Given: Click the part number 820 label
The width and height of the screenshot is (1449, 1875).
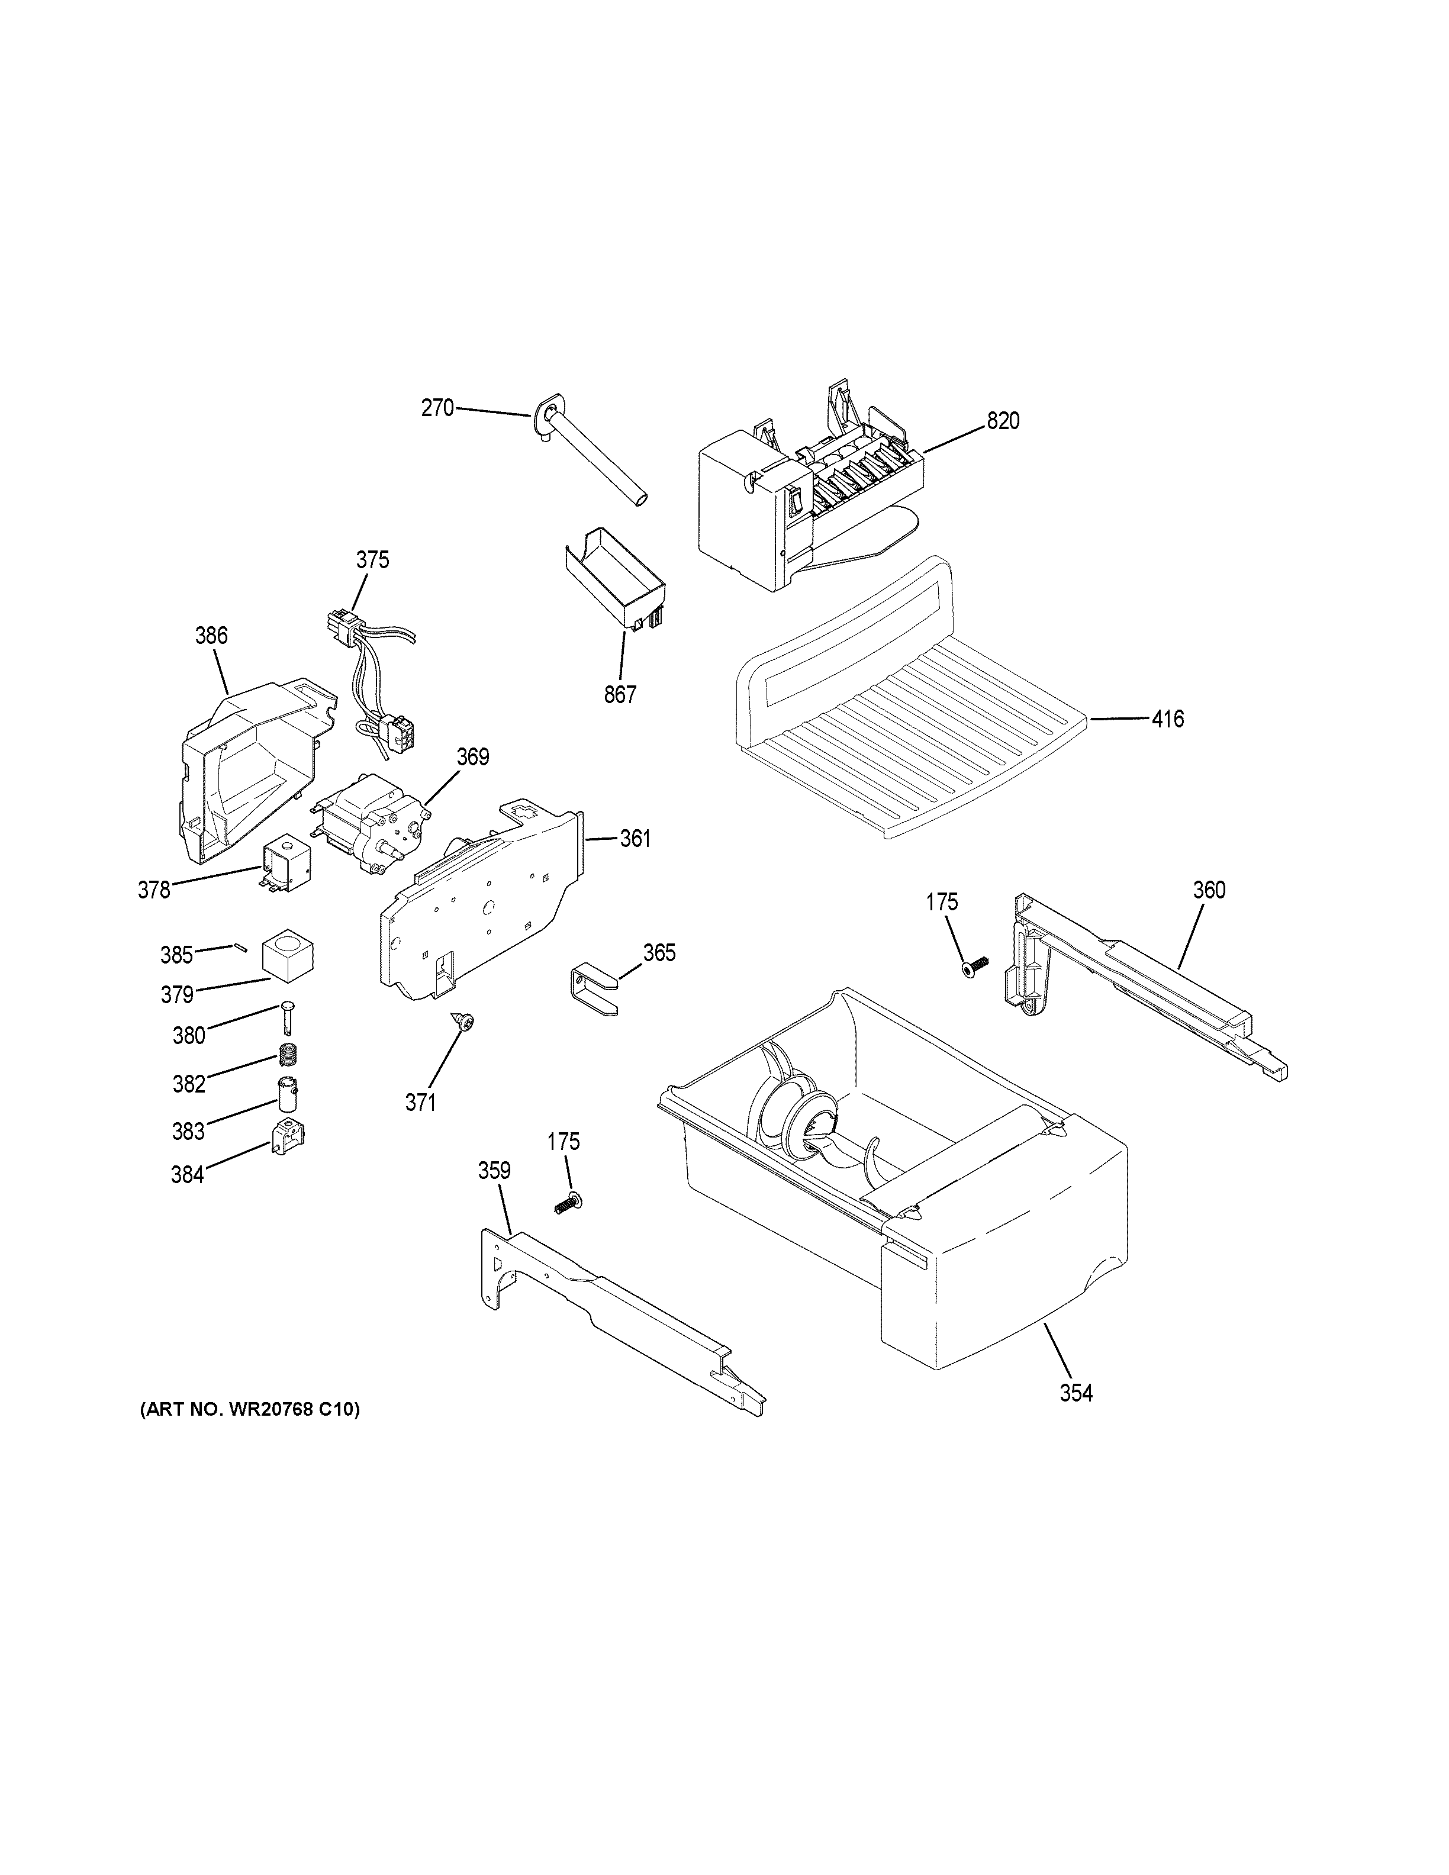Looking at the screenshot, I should click(1003, 421).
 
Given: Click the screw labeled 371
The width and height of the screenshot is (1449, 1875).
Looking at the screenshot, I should click(466, 1022).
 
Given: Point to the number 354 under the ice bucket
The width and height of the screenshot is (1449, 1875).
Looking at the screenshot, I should click(1076, 1393).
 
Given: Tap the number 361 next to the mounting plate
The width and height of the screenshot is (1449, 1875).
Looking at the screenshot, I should click(635, 838).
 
